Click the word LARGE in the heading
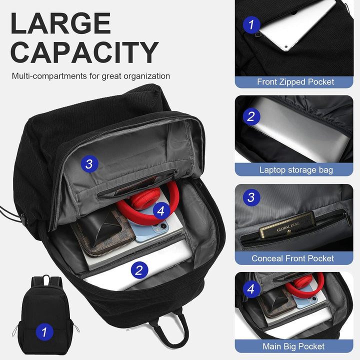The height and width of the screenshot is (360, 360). point(60,23)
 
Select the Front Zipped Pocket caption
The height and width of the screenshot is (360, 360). point(295,82)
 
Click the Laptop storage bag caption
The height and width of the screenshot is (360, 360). point(296,170)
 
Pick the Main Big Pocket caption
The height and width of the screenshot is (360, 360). point(293,346)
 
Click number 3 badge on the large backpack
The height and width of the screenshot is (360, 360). point(89,163)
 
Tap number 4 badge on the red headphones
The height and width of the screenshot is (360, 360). point(160,211)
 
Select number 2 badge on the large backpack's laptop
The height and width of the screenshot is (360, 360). point(139,270)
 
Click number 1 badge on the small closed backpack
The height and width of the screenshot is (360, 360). point(44,331)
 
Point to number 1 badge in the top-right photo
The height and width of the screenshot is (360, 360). point(251,24)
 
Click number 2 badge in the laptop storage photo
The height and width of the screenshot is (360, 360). point(251,117)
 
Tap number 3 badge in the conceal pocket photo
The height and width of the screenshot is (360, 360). point(251,197)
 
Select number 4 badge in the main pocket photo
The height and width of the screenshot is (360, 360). point(251,289)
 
